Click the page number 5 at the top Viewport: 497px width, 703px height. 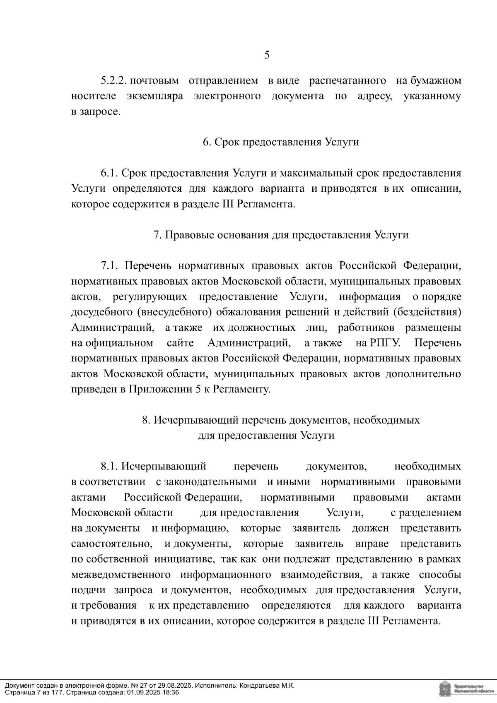pos(267,55)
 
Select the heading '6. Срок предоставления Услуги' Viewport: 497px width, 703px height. pos(280,142)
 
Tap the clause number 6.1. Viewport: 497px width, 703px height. pos(110,173)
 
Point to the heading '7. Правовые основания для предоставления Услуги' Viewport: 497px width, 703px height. pos(280,235)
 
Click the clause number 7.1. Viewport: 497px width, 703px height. pos(110,265)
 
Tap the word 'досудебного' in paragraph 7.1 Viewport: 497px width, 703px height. pos(101,312)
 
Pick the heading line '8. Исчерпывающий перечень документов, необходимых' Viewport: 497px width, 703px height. pos(280,420)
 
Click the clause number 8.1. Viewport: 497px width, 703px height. pos(110,467)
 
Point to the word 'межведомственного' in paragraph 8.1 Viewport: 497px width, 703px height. pos(121,575)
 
